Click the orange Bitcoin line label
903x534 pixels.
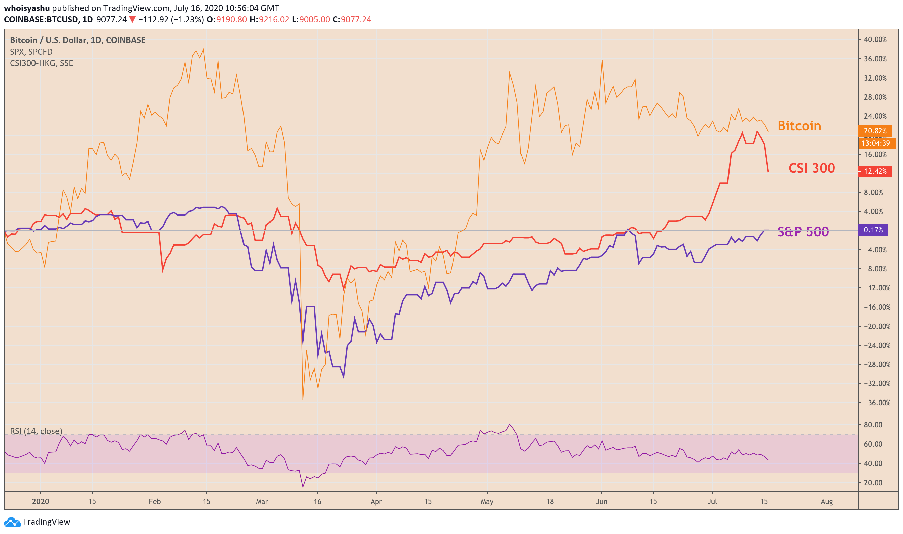pyautogui.click(x=799, y=126)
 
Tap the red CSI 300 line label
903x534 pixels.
pyautogui.click(x=811, y=168)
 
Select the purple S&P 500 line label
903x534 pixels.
pyautogui.click(x=803, y=232)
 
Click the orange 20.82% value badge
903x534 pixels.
pyautogui.click(x=875, y=131)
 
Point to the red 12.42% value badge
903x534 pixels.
pyautogui.click(x=875, y=171)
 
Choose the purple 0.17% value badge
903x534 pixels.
pyautogui.click(x=873, y=230)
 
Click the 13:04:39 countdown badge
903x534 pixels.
pyautogui.click(x=875, y=143)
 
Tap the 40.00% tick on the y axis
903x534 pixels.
pyautogui.click(x=875, y=39)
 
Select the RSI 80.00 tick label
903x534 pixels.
pyautogui.click(x=873, y=425)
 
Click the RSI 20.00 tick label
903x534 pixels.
pyautogui.click(x=873, y=483)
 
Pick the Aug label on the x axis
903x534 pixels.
pyautogui.click(x=826, y=501)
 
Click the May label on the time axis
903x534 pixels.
pyautogui.click(x=487, y=501)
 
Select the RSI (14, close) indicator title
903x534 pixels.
pyautogui.click(x=36, y=431)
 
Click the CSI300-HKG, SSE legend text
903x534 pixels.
pyautogui.click(x=42, y=63)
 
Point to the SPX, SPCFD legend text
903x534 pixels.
pyautogui.click(x=31, y=52)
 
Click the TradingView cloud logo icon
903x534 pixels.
pyautogui.click(x=13, y=522)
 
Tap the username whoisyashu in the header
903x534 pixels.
pyautogui.click(x=27, y=8)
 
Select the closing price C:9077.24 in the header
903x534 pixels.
pyautogui.click(x=352, y=19)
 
